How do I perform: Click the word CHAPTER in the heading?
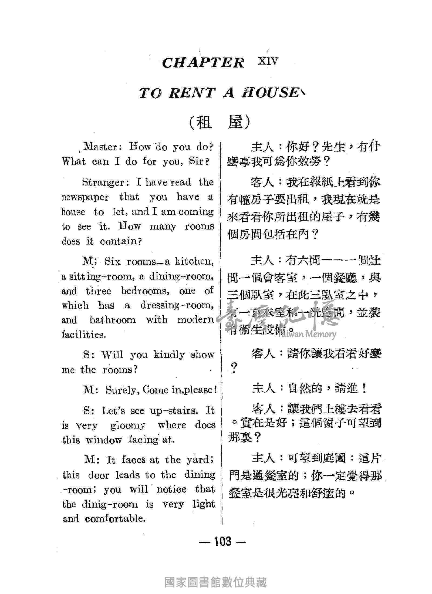pyautogui.click(x=203, y=63)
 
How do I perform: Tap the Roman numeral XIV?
pyautogui.click(x=268, y=61)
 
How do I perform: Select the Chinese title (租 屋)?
pyautogui.click(x=219, y=123)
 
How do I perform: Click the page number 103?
pyautogui.click(x=223, y=541)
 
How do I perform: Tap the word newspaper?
pyautogui.click(x=85, y=197)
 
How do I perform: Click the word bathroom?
pyautogui.click(x=113, y=320)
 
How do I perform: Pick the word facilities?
pyautogui.click(x=83, y=335)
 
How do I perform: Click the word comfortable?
pyautogui.click(x=115, y=519)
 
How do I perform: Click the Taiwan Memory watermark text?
pyautogui.click(x=306, y=334)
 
